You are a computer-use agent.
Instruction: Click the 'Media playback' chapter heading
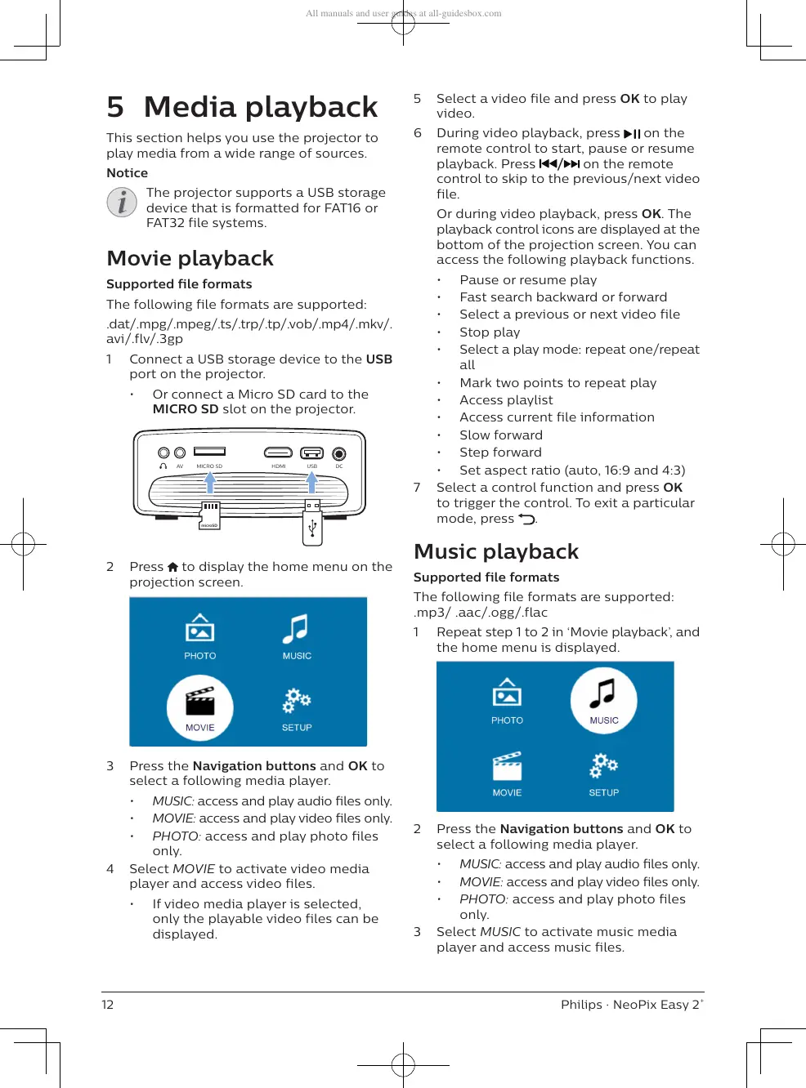(x=260, y=107)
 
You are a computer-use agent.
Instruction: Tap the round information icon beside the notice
(x=122, y=202)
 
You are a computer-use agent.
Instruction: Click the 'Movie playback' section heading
(x=190, y=258)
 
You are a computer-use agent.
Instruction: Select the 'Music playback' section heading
(x=495, y=551)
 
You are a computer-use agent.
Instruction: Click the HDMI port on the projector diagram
(x=278, y=453)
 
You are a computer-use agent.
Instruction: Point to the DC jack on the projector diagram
(x=338, y=453)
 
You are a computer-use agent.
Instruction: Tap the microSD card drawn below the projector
(x=209, y=516)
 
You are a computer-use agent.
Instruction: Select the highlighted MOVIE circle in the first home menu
(x=200, y=707)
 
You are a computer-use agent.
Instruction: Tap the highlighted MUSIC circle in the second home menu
(x=603, y=700)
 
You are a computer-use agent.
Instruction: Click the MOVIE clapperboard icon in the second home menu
(x=507, y=768)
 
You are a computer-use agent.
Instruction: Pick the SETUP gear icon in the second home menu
(x=604, y=766)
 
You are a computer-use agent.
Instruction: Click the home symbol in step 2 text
(x=172, y=567)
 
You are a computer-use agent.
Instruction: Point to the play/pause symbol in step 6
(x=632, y=134)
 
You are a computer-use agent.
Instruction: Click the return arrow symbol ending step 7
(x=527, y=519)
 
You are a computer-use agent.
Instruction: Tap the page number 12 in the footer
(x=108, y=1005)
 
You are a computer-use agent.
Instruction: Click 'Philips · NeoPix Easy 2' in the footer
(x=630, y=1005)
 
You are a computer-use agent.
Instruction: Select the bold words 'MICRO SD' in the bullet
(x=186, y=409)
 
